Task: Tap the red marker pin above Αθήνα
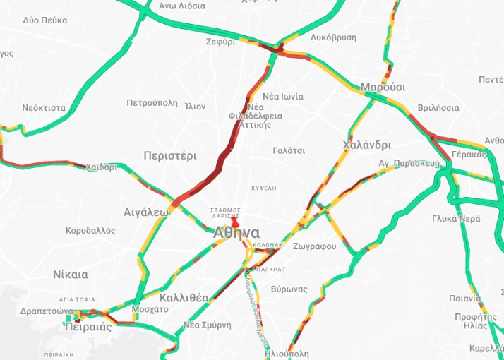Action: click(235, 222)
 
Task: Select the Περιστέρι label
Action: click(169, 155)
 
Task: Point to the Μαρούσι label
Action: click(383, 87)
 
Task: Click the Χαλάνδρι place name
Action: click(366, 145)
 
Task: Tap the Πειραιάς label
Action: click(88, 327)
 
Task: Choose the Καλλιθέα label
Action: click(184, 297)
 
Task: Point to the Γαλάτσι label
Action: click(289, 150)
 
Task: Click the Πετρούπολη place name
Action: click(152, 103)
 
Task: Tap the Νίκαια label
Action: click(71, 275)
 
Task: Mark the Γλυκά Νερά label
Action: click(456, 218)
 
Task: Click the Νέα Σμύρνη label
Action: click(208, 325)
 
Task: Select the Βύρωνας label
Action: click(289, 289)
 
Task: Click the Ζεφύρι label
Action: click(221, 42)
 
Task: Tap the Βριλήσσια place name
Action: click(438, 108)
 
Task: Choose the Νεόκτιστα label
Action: click(44, 108)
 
